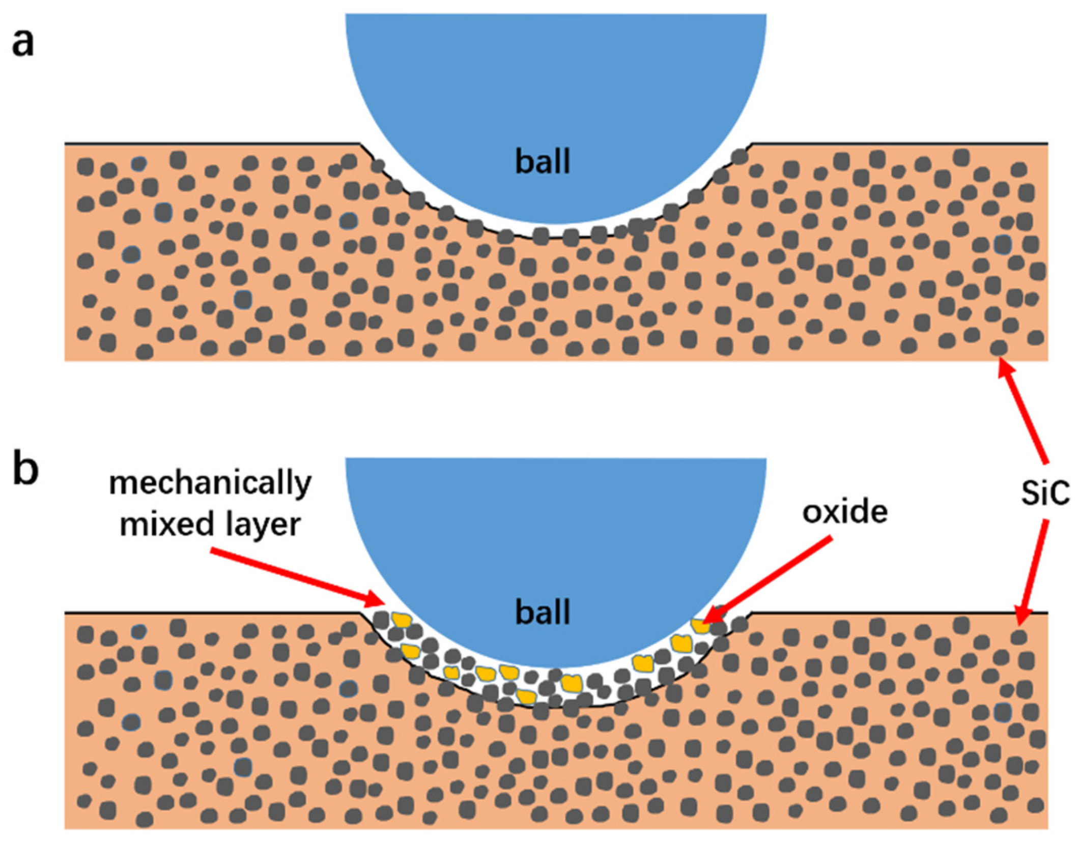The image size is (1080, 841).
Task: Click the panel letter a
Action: (x=23, y=43)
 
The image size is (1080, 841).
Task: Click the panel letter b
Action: (x=25, y=471)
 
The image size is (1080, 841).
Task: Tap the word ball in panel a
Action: (x=543, y=161)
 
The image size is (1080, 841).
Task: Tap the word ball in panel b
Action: (x=543, y=612)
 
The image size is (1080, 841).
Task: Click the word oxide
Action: (x=845, y=512)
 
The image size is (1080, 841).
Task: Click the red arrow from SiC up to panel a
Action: (x=1023, y=412)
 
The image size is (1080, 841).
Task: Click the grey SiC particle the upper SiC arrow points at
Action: (x=998, y=348)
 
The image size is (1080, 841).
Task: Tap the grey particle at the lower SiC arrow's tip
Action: (x=1018, y=636)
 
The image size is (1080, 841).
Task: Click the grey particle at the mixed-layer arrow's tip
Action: (x=381, y=620)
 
